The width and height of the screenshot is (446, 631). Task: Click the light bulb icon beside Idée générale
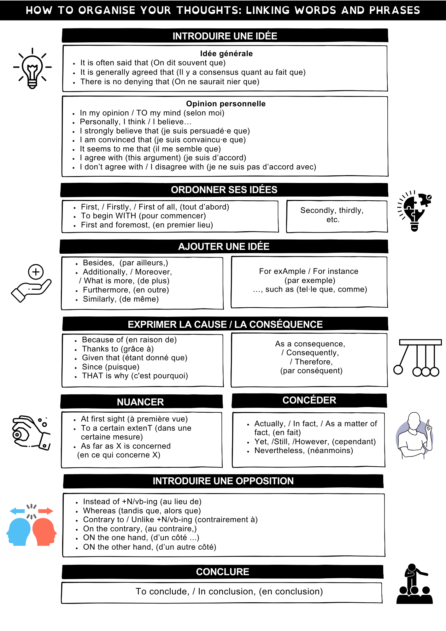coord(32,68)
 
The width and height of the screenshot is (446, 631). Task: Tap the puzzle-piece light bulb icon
coord(414,210)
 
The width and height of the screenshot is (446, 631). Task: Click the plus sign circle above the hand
coord(36,272)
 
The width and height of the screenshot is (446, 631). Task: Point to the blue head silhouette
coord(19,531)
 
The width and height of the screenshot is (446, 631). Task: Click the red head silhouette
coord(44,531)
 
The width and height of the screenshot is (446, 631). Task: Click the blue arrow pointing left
coord(17,511)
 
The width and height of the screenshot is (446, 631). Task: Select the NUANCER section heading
coord(140,402)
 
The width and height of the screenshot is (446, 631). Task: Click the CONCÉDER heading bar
coord(309,400)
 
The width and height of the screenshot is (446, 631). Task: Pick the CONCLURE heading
coord(223,572)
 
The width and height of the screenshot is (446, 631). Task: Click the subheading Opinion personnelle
coord(226,104)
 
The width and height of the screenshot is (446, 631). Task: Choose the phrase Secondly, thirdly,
coord(332,210)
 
